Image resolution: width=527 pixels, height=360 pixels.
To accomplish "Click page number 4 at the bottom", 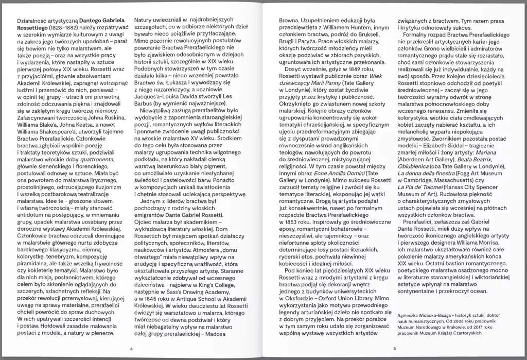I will click(132, 349).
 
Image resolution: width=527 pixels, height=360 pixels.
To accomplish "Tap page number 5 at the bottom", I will click(394, 349).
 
